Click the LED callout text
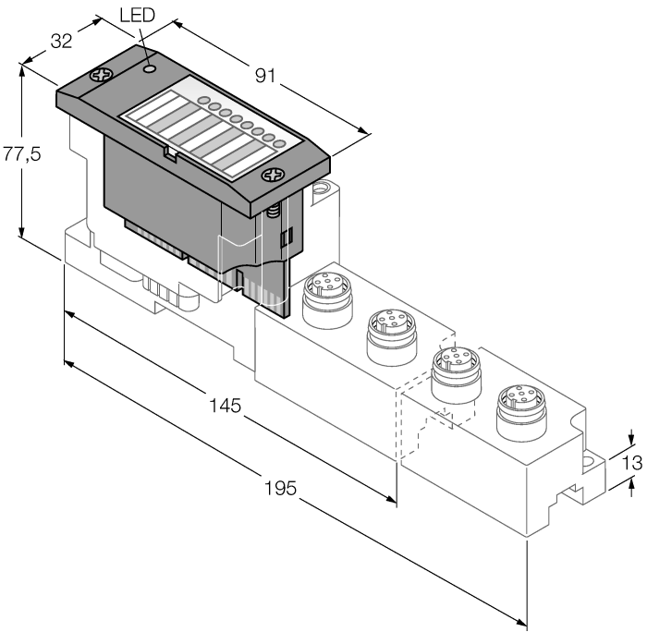coord(139,16)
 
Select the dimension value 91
coord(267,77)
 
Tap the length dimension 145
coord(225,405)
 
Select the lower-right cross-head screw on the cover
coord(272,175)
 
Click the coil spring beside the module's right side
coord(274,219)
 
